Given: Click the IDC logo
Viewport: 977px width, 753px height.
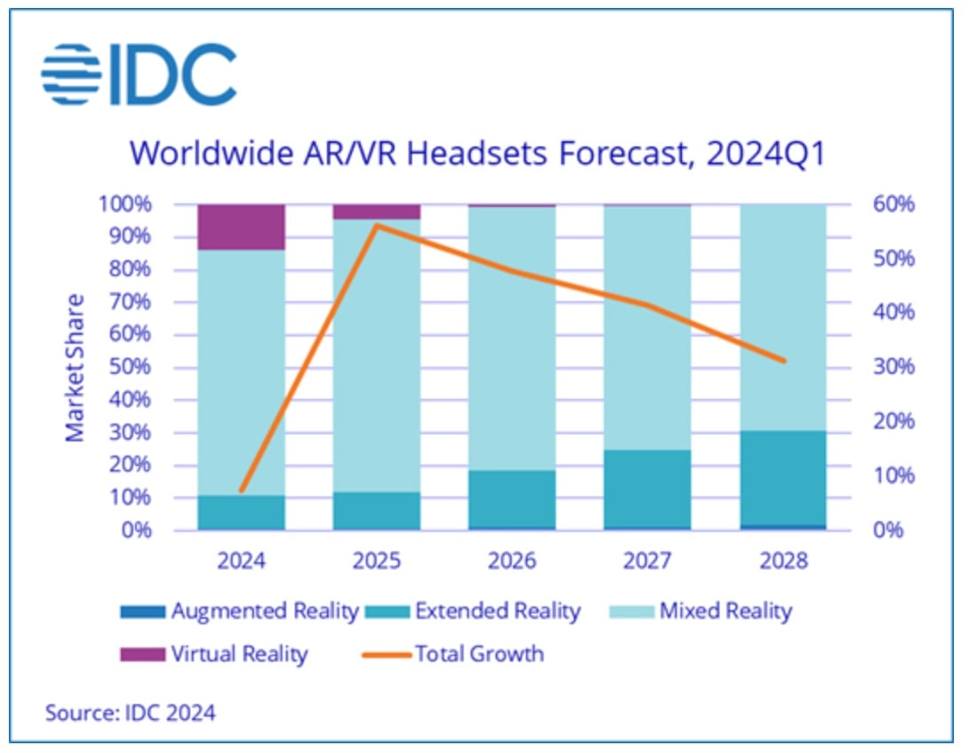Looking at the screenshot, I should coord(139,74).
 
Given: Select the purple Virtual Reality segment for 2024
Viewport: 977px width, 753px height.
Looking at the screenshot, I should coord(242,226).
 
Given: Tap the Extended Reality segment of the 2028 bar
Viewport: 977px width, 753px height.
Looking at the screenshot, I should coord(782,479).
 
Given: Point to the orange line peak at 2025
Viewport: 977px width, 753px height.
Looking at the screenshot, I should coord(377,225).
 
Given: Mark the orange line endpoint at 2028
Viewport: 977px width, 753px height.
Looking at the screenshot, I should coord(783,361).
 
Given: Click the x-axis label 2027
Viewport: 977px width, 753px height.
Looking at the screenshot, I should coord(647,561).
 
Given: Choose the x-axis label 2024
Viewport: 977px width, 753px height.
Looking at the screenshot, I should coord(242,561).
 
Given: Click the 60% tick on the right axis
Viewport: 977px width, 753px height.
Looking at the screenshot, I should coord(893,204).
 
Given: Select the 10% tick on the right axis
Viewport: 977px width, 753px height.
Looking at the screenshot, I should coord(893,475).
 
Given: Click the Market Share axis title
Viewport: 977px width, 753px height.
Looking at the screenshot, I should coord(75,367).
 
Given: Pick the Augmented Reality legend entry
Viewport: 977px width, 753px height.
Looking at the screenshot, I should coord(240,611).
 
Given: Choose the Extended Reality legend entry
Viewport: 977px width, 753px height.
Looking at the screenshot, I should coord(483,611).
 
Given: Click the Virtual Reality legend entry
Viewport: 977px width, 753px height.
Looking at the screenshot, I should coord(214,655).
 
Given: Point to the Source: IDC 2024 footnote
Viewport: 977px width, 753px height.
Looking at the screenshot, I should coord(130,712).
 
